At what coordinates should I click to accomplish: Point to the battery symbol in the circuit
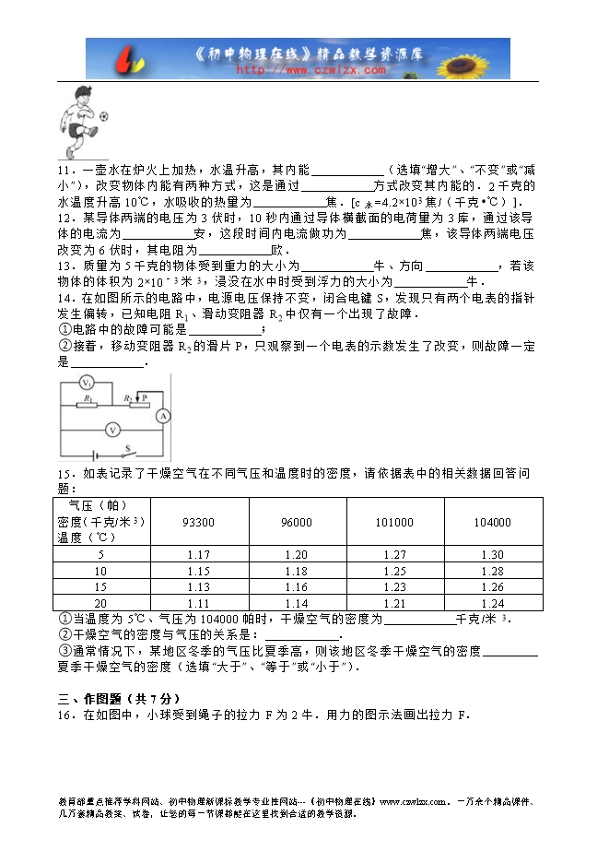click(x=92, y=454)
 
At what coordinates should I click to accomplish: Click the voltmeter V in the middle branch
click(x=111, y=430)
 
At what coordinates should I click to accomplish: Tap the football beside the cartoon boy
click(x=103, y=116)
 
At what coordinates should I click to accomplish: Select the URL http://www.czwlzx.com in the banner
click(x=311, y=69)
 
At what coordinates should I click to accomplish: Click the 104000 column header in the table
click(x=492, y=523)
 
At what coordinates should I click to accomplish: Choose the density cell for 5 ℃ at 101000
click(x=394, y=555)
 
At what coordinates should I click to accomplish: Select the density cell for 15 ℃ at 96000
click(x=297, y=587)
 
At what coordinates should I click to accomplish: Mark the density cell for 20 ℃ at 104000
click(x=492, y=603)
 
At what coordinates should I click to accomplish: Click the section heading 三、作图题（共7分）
click(x=115, y=699)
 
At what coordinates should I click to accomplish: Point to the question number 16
click(x=63, y=715)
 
